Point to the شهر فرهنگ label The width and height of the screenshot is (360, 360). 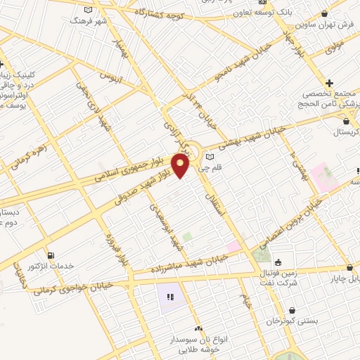[88, 21]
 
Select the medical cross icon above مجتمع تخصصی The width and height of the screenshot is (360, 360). [329, 83]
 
